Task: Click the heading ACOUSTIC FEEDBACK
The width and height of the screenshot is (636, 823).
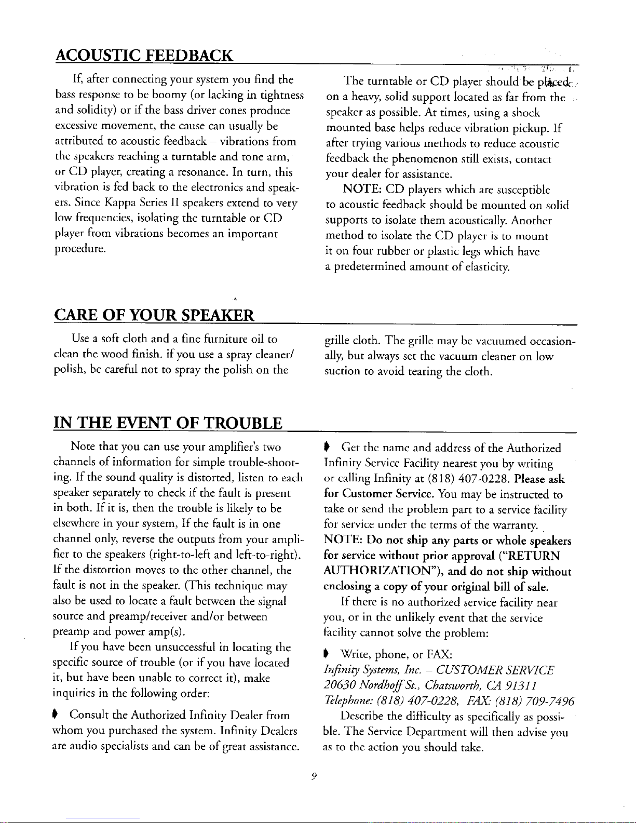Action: point(144,56)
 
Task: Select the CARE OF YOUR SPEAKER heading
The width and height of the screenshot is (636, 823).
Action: point(154,315)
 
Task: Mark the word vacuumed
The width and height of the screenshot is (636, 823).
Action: point(501,341)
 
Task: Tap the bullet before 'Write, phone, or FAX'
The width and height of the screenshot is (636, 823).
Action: point(328,654)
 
